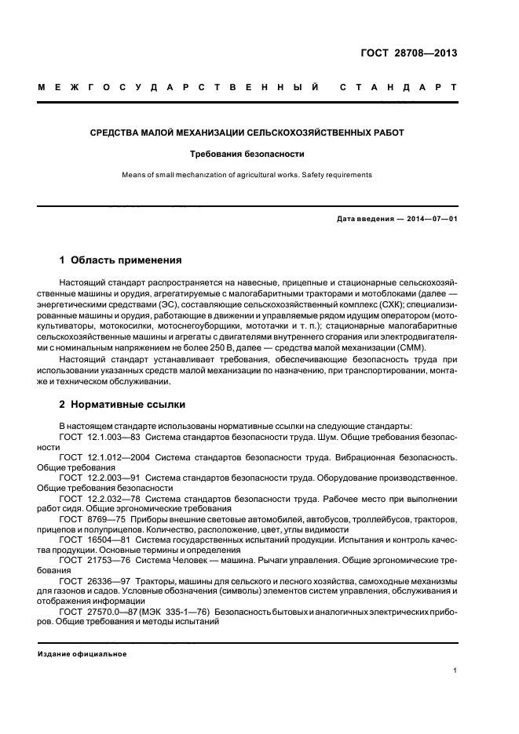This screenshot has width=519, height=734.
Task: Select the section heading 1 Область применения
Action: coord(121,260)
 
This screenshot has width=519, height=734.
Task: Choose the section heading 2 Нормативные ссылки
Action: coord(122,405)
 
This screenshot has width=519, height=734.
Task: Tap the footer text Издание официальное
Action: coord(82,653)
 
